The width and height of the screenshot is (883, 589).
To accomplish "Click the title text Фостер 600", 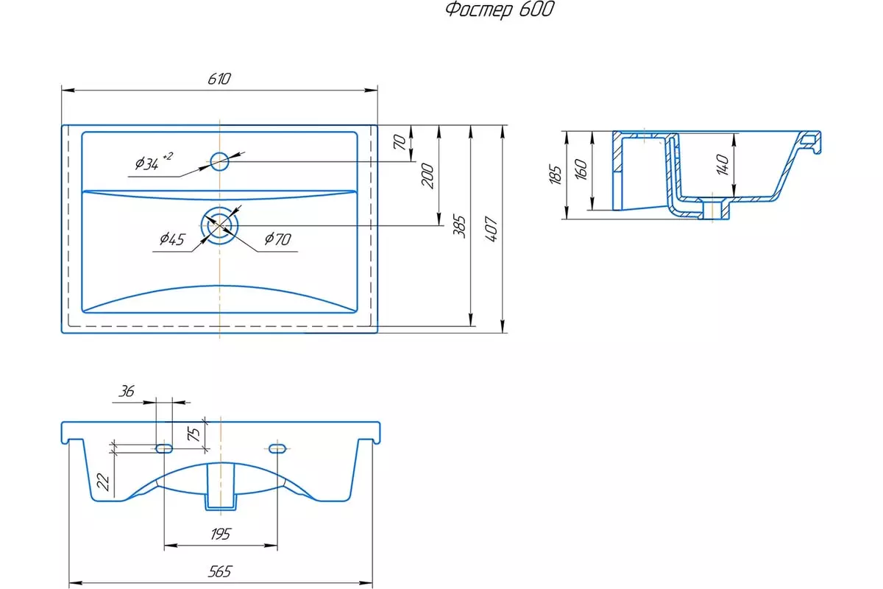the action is (x=500, y=10).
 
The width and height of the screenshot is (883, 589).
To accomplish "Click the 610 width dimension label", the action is (x=219, y=79).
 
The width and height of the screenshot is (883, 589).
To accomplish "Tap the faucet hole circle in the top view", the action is (x=219, y=161).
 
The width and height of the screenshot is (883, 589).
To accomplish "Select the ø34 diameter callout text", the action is (x=153, y=161).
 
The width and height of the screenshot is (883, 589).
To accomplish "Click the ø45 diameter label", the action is (x=172, y=239).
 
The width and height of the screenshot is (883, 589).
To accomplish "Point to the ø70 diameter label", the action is (x=278, y=239).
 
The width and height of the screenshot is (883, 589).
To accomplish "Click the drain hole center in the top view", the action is (x=219, y=225).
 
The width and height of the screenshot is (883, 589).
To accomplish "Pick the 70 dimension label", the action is (x=400, y=142).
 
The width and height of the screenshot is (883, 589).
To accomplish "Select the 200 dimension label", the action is (x=428, y=176).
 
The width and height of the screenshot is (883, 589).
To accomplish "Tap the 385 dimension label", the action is (x=459, y=227).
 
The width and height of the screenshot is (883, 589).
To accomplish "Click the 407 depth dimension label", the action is (x=492, y=229).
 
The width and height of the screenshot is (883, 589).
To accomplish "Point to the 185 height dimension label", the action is (x=555, y=174).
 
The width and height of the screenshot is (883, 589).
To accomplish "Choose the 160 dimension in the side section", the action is (x=581, y=169).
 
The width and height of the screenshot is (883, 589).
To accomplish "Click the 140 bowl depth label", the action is (x=723, y=164).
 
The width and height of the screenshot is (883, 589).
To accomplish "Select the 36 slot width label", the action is (x=127, y=392).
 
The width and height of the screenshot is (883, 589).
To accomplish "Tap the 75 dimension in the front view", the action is (x=194, y=434).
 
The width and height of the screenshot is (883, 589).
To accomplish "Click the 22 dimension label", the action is (x=103, y=482).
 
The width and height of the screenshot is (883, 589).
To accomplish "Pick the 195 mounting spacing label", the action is (x=220, y=535).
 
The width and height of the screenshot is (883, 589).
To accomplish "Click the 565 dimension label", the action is (x=220, y=571).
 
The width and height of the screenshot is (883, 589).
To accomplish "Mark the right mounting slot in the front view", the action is (x=277, y=448).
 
